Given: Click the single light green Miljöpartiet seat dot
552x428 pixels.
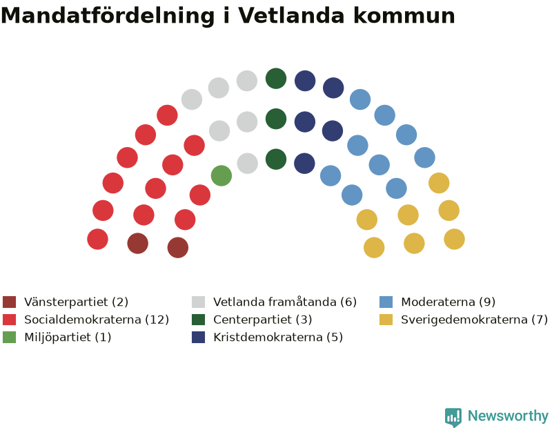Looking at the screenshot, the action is point(221,175).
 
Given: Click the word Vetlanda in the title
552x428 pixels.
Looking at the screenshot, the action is point(291,15).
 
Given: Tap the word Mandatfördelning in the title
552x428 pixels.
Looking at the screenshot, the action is point(108,16).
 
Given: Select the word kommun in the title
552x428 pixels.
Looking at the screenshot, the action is point(404,16).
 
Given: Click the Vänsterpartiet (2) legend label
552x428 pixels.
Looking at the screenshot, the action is point(76,302).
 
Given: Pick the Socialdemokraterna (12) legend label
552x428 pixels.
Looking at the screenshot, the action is point(97,320).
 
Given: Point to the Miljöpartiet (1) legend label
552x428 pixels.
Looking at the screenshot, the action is point(68,337).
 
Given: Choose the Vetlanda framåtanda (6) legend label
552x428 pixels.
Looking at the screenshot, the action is point(285,302).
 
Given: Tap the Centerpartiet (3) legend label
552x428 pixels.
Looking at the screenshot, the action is point(263,320).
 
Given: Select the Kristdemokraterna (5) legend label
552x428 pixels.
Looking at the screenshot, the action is point(278,337).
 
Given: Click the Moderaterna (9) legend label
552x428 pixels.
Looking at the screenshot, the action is point(448,302).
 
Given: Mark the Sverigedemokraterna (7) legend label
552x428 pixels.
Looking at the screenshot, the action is point(474,320).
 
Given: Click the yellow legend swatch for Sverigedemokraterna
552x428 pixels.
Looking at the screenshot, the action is point(386,320).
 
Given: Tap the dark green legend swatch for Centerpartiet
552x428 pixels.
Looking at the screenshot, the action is point(198,320).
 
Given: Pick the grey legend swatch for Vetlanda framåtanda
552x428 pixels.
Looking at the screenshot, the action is point(198,302).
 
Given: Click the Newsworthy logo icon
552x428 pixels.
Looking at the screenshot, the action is point(453,417).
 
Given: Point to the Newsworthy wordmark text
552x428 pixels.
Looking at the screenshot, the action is point(508,416).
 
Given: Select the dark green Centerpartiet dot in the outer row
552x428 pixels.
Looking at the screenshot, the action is point(276,79).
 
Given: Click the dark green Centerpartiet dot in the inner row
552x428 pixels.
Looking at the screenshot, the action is point(276,159).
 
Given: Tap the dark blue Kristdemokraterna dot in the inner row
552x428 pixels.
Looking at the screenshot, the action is point(304,164).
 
